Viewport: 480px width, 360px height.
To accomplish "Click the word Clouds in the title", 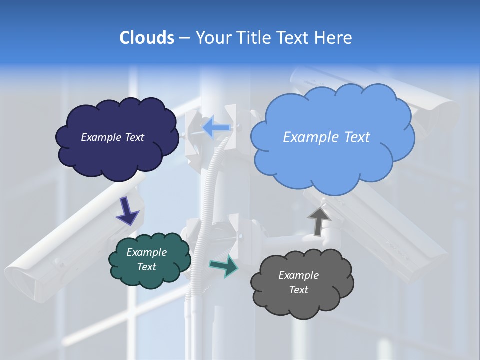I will coord(146,38).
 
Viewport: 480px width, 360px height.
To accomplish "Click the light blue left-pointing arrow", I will coord(216,127).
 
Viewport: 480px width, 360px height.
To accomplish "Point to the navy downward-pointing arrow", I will coord(127,212).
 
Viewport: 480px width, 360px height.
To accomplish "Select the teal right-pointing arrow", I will coord(224,266).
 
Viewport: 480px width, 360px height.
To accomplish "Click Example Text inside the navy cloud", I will coord(112,137).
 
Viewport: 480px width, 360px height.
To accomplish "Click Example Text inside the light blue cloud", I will coord(326,137).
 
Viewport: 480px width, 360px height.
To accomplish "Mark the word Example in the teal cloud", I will coord(146,253).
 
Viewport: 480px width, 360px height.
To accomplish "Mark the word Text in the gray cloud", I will coord(298,290).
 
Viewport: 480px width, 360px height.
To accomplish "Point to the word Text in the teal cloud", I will coord(146,267).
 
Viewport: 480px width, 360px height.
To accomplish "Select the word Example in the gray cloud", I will coord(298,275).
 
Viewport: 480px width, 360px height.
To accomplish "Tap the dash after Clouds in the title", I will coord(184,38).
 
